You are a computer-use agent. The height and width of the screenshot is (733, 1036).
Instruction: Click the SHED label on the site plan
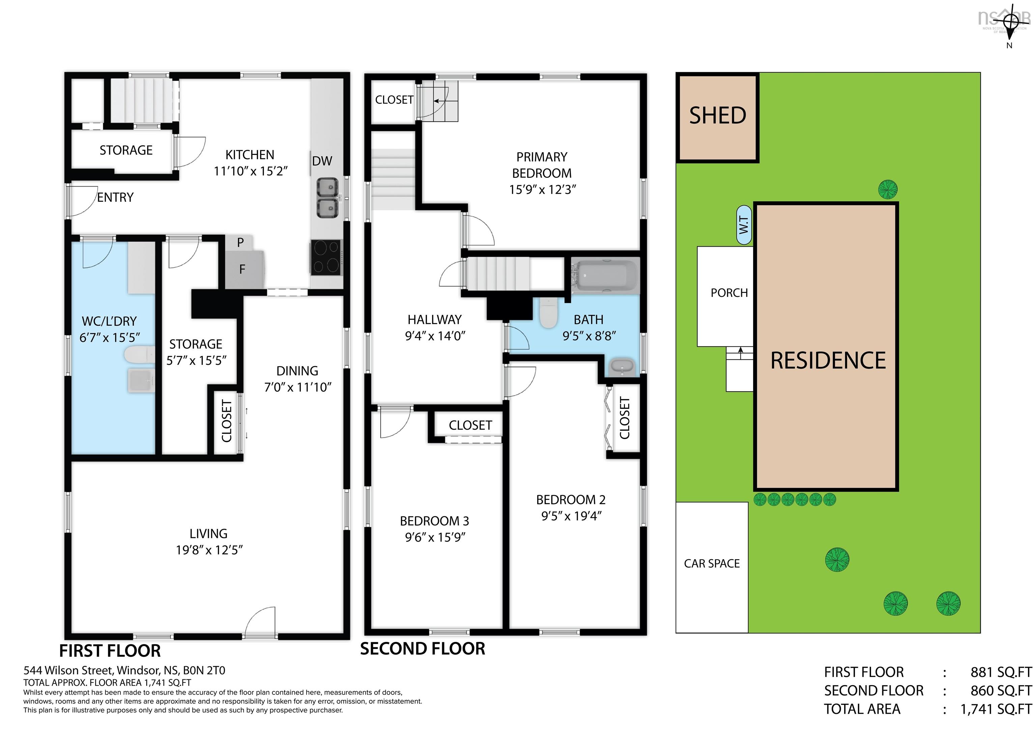point(717,116)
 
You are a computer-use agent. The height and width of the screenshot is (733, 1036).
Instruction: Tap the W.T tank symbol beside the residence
point(744,225)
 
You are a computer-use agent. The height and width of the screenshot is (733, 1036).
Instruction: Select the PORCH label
point(729,293)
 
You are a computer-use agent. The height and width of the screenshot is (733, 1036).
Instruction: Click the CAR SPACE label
point(712,563)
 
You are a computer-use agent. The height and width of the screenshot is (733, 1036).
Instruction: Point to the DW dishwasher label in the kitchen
point(322,161)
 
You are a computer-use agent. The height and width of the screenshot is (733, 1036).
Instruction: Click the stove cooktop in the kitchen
point(326,257)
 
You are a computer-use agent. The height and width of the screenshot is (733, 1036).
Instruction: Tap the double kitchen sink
point(327,197)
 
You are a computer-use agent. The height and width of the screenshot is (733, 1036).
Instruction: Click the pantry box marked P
point(240,243)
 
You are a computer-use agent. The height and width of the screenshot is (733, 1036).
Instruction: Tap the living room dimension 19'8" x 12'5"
point(209,550)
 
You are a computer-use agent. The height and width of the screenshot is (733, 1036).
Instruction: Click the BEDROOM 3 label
point(434,521)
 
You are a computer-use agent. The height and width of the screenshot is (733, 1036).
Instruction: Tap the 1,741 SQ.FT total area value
point(996,709)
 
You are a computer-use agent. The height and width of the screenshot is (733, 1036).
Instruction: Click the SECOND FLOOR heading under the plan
point(422,649)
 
